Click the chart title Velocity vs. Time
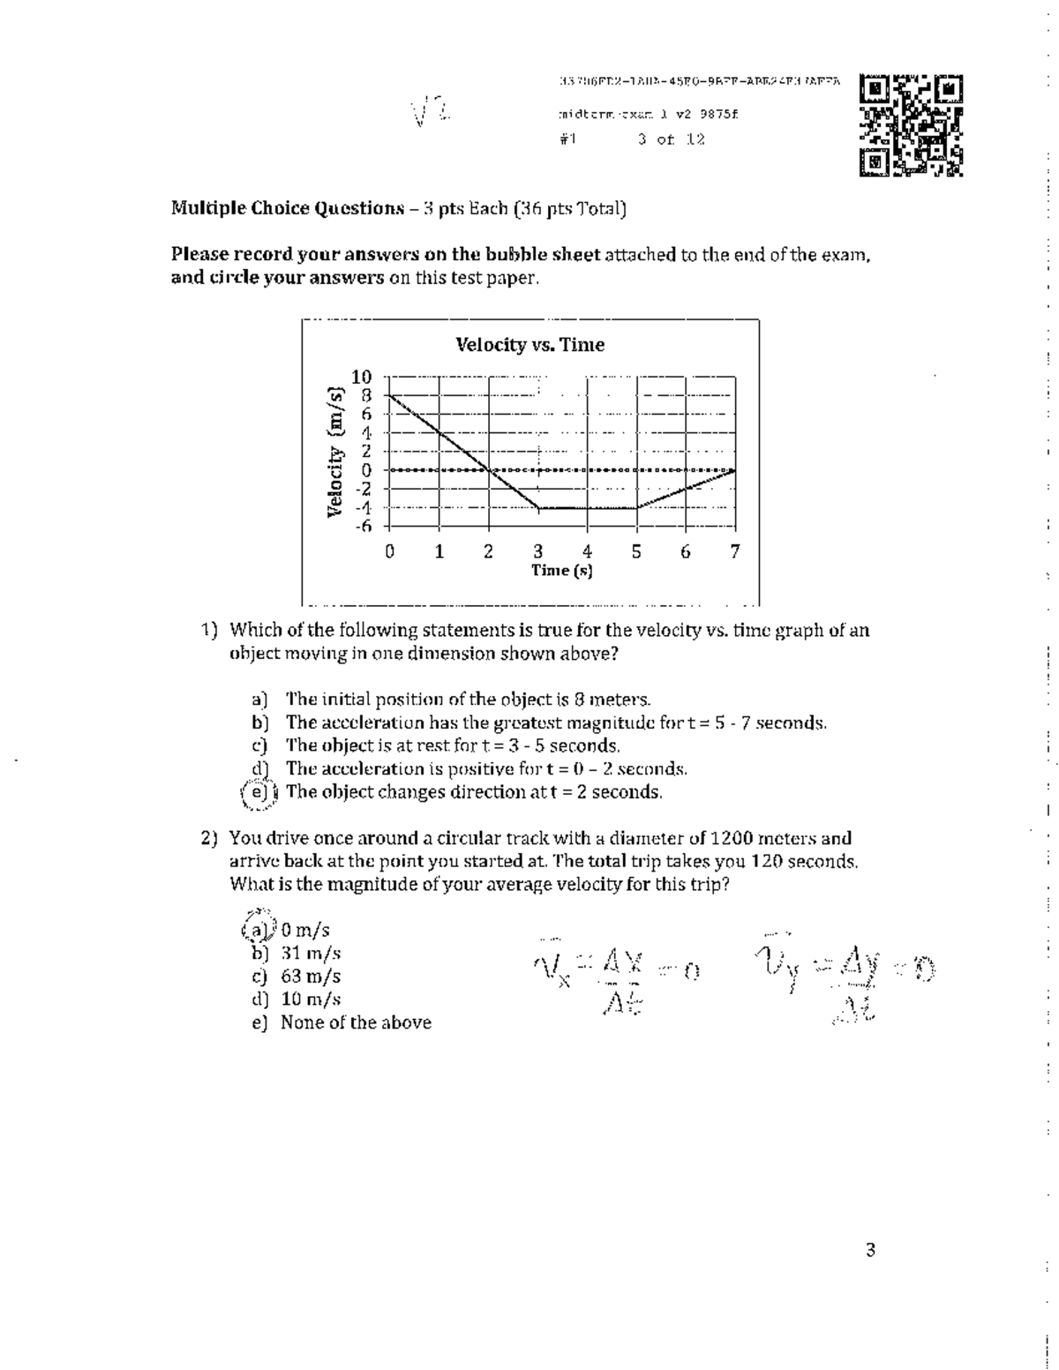point(529,345)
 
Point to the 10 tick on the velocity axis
point(362,378)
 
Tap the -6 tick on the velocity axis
point(362,527)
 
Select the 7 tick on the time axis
point(735,552)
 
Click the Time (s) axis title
point(561,571)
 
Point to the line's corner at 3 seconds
point(539,508)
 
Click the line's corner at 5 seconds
point(637,508)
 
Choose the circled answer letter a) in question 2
point(258,930)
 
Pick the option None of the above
point(356,1022)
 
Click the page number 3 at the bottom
point(870,1250)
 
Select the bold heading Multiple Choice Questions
point(287,209)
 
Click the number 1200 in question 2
point(732,838)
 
